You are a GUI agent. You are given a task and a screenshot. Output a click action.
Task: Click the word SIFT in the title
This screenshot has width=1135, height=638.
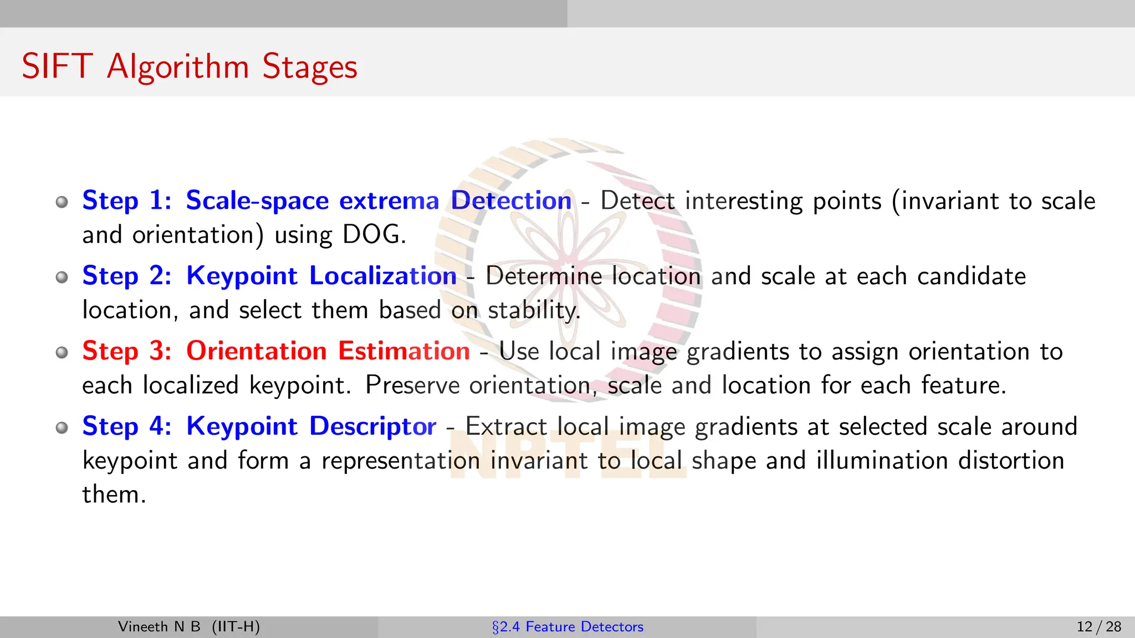[x=57, y=66]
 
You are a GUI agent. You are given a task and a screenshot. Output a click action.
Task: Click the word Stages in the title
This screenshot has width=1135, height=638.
[x=310, y=68]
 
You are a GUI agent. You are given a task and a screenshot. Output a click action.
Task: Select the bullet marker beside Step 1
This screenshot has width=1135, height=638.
[x=62, y=202]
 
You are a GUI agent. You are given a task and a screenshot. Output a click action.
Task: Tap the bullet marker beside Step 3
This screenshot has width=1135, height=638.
[x=62, y=352]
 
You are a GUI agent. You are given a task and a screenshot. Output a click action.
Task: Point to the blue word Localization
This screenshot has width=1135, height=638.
[x=382, y=276]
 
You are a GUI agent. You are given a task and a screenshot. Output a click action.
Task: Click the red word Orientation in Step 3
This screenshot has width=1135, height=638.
[x=256, y=351]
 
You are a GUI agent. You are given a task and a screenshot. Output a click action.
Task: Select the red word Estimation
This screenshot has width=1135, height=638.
[x=404, y=351]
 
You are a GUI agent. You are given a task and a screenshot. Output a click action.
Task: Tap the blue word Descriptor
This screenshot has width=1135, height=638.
[x=372, y=426]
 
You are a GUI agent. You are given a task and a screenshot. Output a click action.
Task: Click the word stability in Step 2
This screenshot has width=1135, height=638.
[x=533, y=310]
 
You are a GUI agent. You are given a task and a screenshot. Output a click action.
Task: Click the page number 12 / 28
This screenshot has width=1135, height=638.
[x=1098, y=627]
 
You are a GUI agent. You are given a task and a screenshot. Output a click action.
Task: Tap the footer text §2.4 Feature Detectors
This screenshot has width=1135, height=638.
[x=567, y=627]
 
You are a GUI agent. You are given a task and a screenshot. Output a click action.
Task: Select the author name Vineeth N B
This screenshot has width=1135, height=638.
[x=159, y=627]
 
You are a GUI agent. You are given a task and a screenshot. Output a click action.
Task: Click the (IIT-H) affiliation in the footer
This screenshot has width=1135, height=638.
[x=236, y=627]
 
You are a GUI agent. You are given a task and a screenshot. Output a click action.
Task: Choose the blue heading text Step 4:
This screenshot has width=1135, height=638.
[x=127, y=426]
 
